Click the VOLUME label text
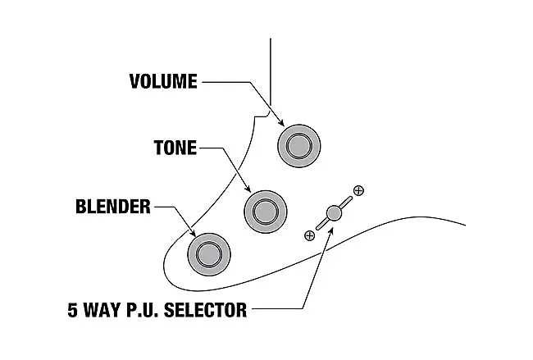coord(163,81)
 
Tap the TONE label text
coord(175,148)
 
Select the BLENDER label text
coord(112,207)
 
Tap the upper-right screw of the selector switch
coord(358,191)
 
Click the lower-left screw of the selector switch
coord(309,235)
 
